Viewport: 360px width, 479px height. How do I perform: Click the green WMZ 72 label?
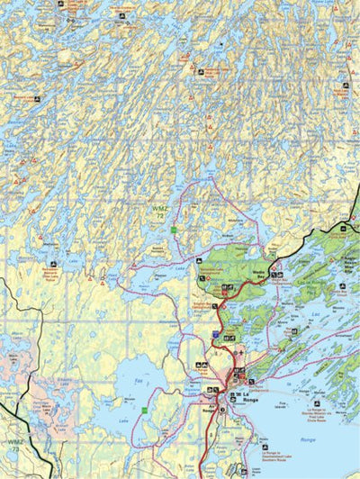[159, 212]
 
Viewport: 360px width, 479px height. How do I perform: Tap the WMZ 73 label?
[15, 443]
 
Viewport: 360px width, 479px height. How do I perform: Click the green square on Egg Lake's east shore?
[141, 413]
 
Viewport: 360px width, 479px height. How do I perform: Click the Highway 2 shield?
[215, 334]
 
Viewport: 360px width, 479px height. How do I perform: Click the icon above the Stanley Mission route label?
[315, 404]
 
